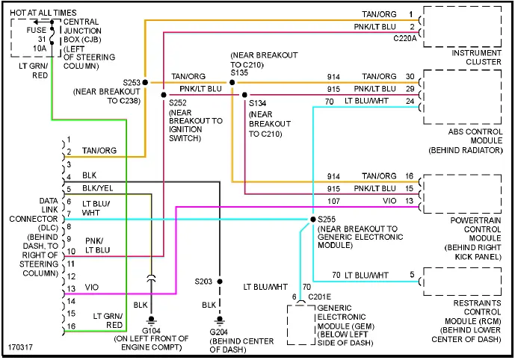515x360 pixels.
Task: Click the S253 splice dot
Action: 145,81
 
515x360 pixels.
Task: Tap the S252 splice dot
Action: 164,95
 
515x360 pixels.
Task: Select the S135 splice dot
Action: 232,82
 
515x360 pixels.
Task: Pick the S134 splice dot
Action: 244,95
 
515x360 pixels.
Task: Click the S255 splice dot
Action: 312,219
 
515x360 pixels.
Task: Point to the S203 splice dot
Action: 219,282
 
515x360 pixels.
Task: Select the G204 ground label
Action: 219,331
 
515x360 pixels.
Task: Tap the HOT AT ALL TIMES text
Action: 43,12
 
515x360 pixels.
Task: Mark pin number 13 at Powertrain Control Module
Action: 410,200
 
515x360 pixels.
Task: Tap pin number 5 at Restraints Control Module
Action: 411,275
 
